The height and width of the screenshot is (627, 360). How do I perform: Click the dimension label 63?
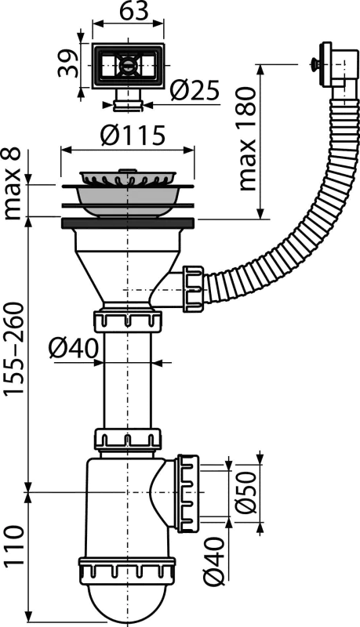129,12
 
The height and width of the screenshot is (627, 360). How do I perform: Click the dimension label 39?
67,63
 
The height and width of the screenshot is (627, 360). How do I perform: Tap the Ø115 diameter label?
133,135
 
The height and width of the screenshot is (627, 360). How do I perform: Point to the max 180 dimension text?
248,140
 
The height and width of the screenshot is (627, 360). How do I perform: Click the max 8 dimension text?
13,183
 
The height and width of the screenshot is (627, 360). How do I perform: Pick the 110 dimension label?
14,546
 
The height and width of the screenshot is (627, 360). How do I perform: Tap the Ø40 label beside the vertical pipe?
74,348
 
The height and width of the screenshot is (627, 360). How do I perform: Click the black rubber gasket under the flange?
128,223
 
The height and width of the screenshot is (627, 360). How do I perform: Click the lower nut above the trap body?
128,439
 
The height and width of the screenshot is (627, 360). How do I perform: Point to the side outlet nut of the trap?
187,493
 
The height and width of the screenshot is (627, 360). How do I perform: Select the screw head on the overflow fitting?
312,63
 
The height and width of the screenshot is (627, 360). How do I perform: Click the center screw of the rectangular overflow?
128,64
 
